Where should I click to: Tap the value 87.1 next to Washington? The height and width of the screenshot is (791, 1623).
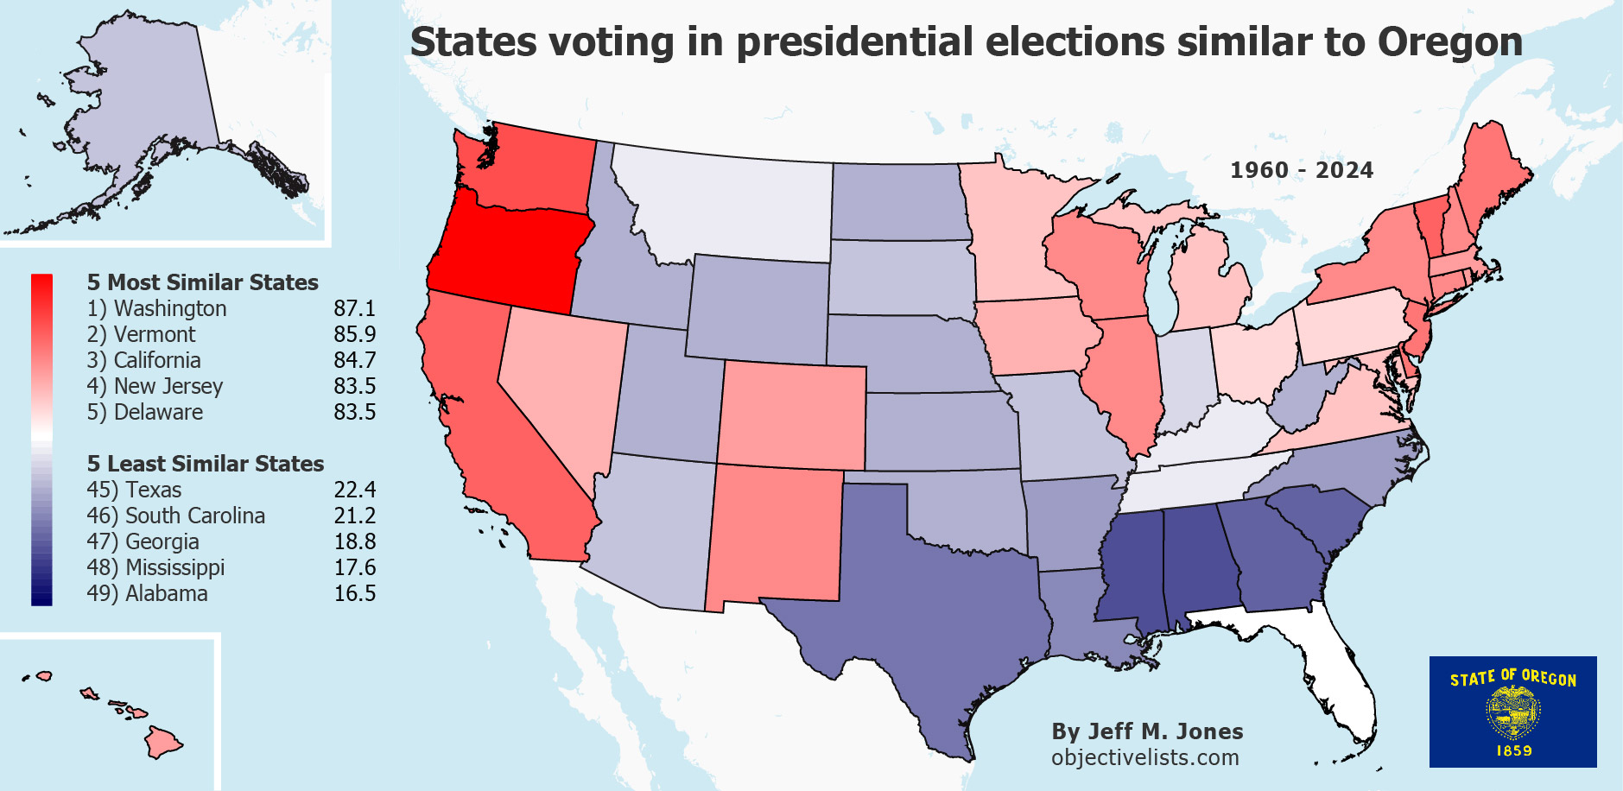click(x=354, y=308)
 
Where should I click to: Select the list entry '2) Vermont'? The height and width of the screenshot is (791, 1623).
click(x=142, y=334)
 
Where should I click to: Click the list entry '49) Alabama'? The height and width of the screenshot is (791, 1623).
click(x=147, y=593)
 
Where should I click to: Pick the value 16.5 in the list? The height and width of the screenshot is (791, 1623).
click(x=354, y=593)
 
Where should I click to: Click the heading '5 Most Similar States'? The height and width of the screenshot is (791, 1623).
click(x=202, y=282)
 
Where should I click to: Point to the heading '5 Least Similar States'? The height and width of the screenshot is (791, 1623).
click(x=205, y=464)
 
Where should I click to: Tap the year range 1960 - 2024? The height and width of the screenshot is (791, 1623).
click(x=1301, y=170)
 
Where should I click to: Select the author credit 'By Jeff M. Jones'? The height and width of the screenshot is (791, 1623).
click(x=1147, y=731)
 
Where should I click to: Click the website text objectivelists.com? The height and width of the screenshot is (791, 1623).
click(x=1144, y=757)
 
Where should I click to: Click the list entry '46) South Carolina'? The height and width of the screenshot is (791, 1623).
click(x=175, y=516)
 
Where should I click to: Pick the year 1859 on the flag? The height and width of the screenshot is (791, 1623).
click(x=1513, y=751)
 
